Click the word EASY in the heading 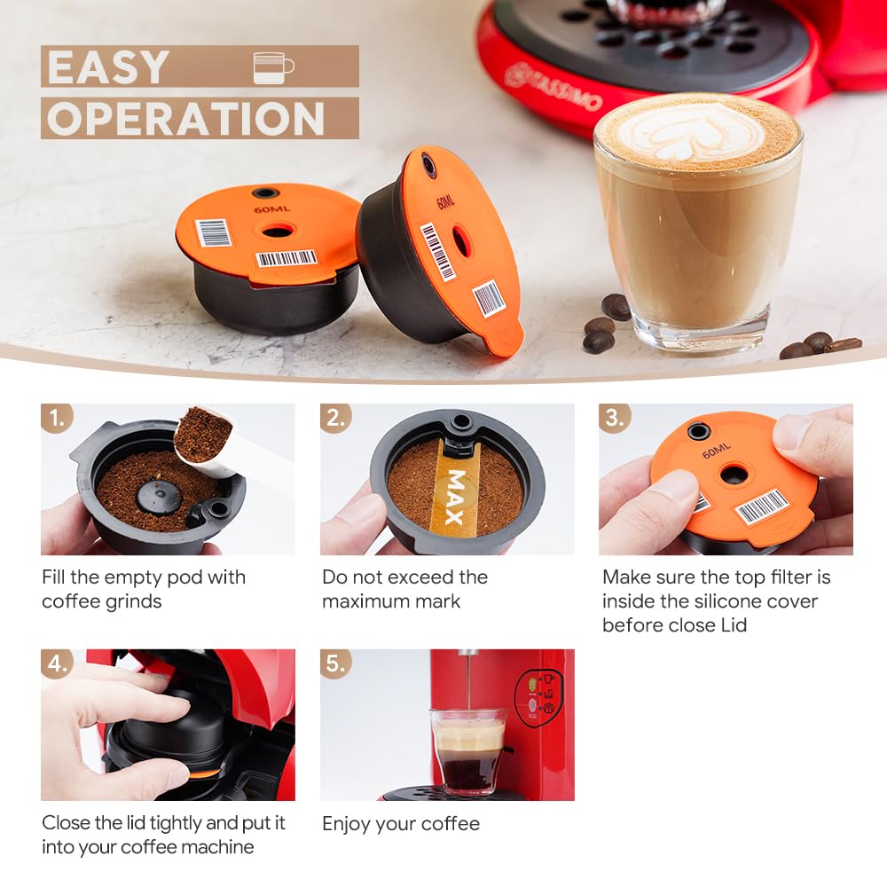[108, 67]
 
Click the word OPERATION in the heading [185, 119]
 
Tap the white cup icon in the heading [272, 67]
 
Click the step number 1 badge [57, 418]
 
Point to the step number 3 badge [615, 418]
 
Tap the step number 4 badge [57, 663]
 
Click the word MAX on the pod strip [455, 497]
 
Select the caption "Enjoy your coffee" [401, 824]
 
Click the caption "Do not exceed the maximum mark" [404, 589]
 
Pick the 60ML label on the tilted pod [446, 202]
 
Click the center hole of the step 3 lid [734, 475]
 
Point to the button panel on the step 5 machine [538, 698]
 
